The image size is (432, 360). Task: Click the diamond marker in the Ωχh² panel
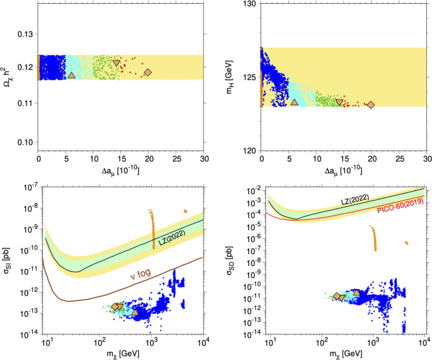(148, 72)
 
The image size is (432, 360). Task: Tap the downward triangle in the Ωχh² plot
(117, 63)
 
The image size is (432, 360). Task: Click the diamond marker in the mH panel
(371, 105)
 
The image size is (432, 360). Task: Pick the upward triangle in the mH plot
(295, 102)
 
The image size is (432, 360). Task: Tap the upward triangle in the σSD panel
(357, 293)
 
